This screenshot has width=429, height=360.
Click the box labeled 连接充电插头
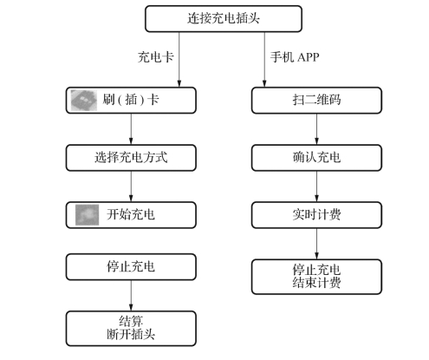[224, 18]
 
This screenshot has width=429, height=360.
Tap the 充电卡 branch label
[155, 57]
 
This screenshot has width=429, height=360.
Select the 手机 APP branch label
[295, 57]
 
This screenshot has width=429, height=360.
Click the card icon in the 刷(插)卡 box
[84, 100]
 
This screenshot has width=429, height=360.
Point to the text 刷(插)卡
[131, 100]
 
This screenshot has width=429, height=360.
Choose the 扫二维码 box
[316, 100]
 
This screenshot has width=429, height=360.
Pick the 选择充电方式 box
[131, 158]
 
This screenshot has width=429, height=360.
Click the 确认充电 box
[316, 158]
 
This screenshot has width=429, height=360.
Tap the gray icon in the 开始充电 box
[87, 215]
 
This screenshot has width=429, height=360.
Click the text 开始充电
[131, 215]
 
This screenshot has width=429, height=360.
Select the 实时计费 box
[316, 215]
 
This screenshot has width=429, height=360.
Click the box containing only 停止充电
[131, 267]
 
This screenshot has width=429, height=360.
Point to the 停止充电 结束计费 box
[316, 277]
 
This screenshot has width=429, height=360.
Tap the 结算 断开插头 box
[131, 329]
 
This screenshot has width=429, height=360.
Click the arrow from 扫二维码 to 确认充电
[316, 129]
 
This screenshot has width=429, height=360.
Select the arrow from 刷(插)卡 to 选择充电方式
[131, 129]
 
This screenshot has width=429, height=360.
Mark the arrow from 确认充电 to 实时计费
[316, 187]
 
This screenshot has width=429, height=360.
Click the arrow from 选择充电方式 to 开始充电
[131, 187]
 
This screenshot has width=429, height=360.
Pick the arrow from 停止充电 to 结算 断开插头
[131, 296]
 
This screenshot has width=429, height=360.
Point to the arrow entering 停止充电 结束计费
[316, 244]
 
